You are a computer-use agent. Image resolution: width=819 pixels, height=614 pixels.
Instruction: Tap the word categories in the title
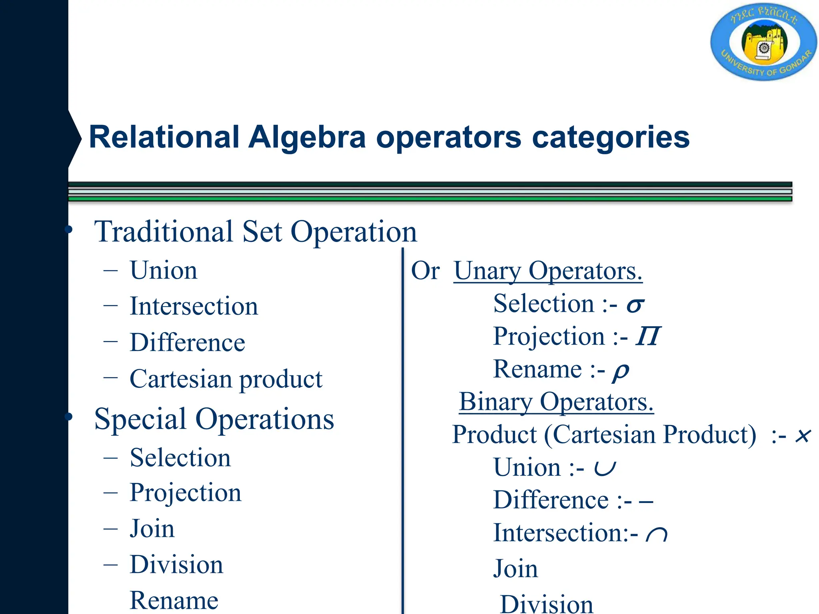[611, 137]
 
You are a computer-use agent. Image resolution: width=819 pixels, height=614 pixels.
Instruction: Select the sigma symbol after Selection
[635, 305]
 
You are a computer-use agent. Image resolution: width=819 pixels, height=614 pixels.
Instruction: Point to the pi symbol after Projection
[648, 337]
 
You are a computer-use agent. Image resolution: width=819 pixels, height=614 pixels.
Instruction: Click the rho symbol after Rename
[621, 371]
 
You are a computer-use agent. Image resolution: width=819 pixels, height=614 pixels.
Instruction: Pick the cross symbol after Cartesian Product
[803, 435]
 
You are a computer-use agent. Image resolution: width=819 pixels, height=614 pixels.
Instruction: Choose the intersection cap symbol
[656, 534]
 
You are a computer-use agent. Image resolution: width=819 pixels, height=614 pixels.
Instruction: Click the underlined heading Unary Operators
[548, 271]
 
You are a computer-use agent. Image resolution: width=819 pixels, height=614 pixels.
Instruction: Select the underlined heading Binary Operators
[556, 402]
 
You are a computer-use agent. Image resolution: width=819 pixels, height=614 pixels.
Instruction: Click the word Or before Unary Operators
[425, 271]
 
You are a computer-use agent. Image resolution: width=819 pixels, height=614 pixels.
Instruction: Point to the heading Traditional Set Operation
[255, 232]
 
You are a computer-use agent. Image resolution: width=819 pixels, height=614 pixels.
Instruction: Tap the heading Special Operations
[214, 419]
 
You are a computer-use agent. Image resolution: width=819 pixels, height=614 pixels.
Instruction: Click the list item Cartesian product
[226, 379]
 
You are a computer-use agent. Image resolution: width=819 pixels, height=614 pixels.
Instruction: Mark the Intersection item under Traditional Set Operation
[194, 307]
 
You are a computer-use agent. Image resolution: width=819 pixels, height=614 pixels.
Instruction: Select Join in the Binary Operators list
[515, 569]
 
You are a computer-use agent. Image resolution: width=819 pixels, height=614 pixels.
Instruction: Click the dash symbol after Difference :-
[646, 501]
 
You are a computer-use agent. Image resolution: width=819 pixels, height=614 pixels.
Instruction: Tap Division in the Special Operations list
[176, 565]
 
